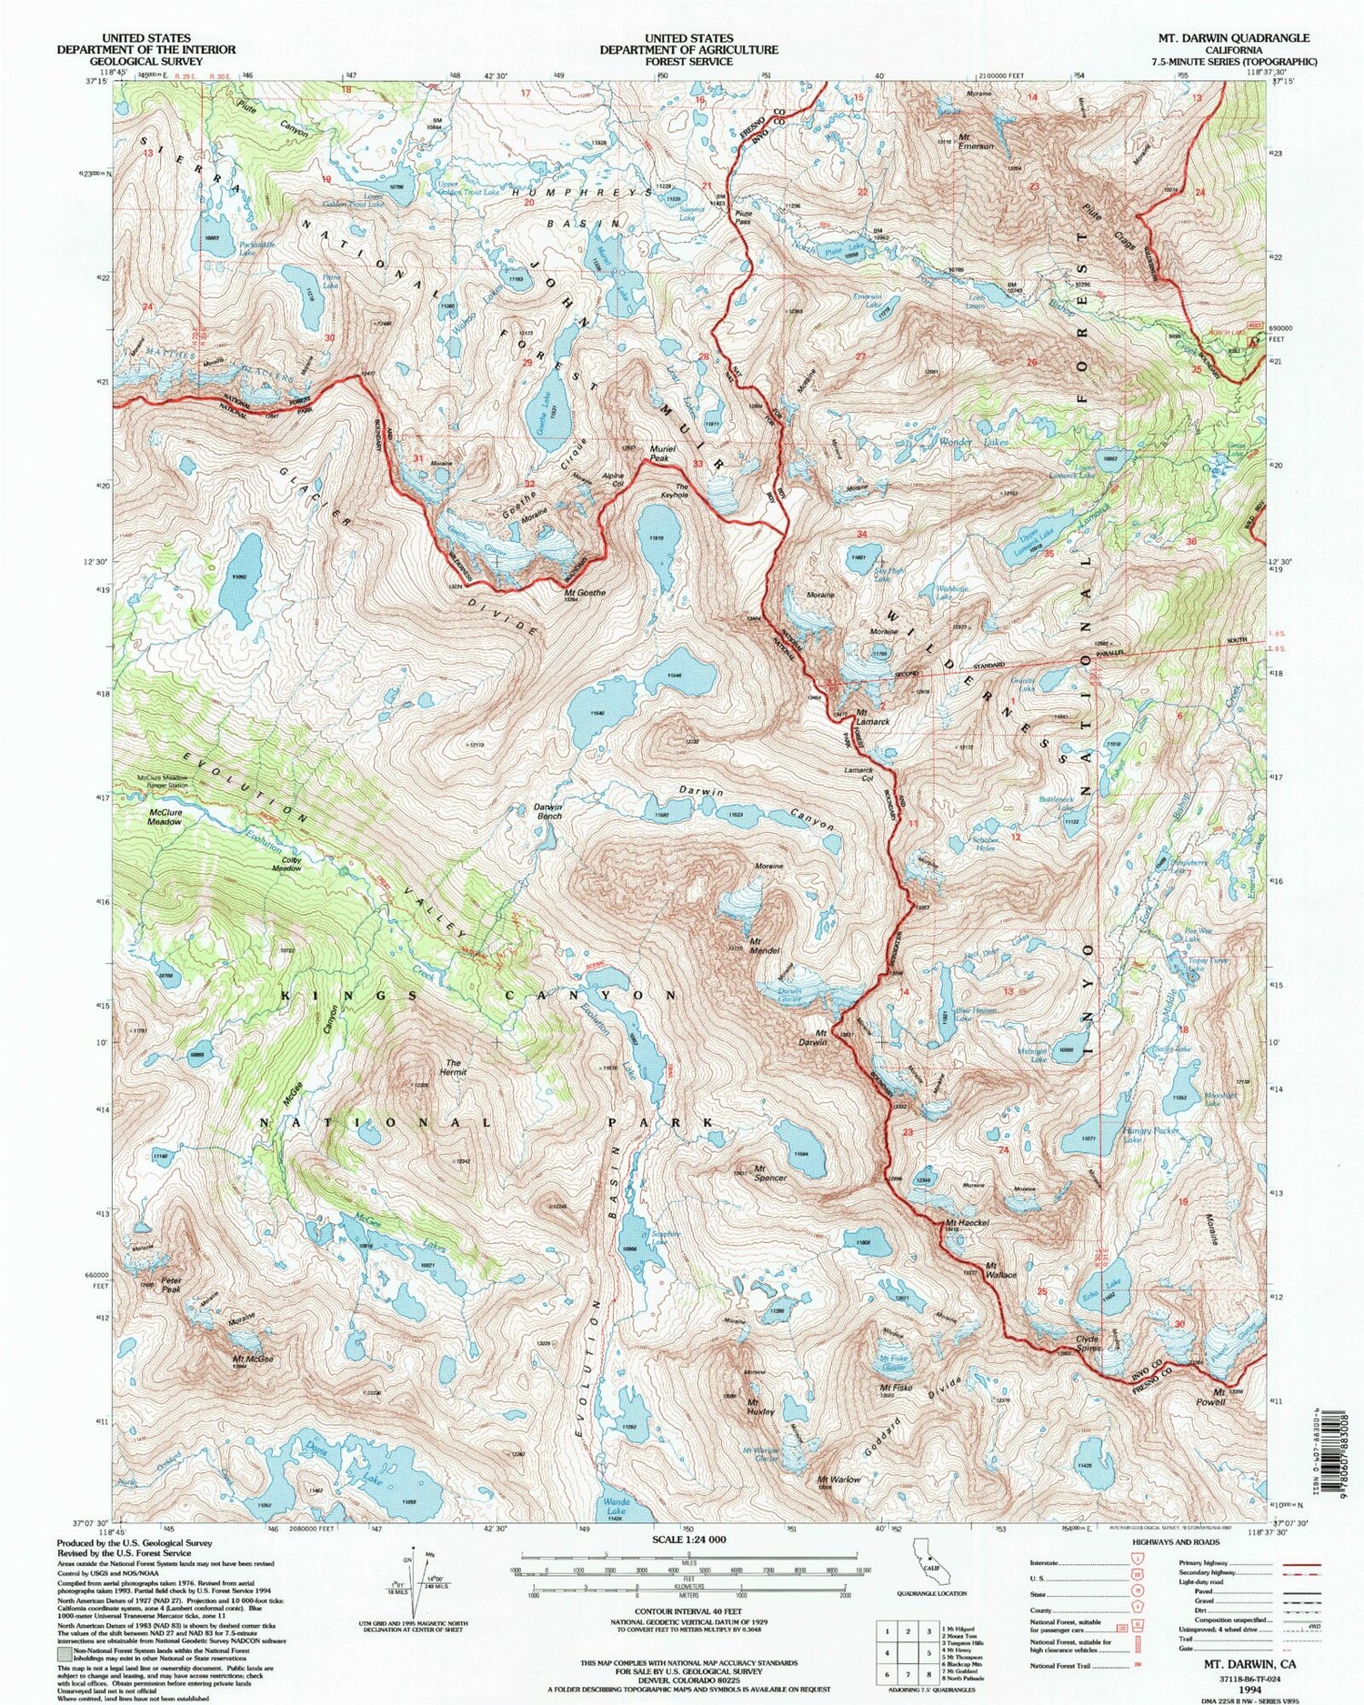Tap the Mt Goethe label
coord(584,592)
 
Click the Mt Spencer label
coord(769,1173)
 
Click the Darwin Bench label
coord(547,811)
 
